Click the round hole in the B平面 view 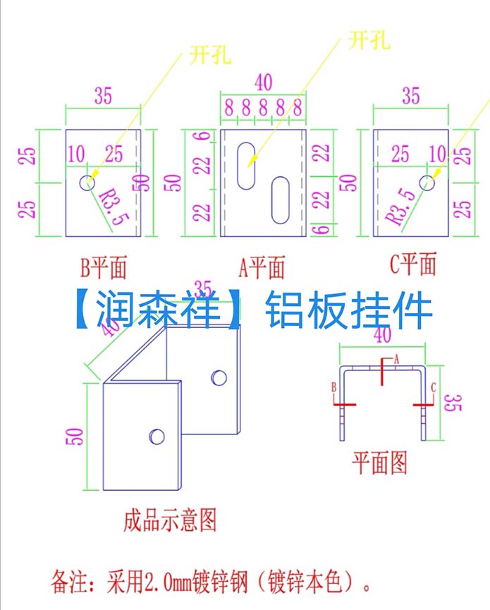(87, 182)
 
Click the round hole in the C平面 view (427, 182)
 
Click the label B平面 (104, 268)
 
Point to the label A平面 (263, 268)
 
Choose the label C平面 (412, 265)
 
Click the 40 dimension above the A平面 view (262, 82)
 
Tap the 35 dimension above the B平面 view (103, 96)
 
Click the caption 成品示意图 (169, 520)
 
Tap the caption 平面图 (380, 463)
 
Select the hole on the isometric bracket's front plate (157, 436)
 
